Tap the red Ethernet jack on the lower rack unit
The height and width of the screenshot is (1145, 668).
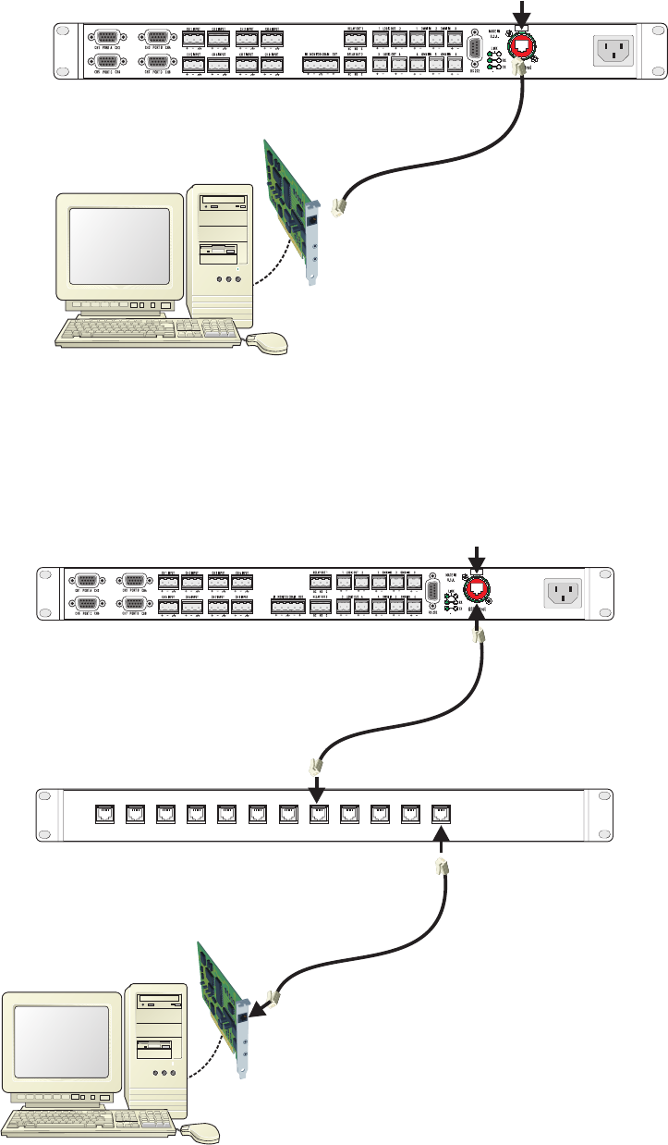tap(477, 589)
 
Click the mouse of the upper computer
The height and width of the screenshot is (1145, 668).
tap(268, 344)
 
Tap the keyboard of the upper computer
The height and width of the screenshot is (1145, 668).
tap(149, 331)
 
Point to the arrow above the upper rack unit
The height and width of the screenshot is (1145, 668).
tap(524, 11)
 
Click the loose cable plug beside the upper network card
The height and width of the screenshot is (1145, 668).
tap(338, 206)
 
